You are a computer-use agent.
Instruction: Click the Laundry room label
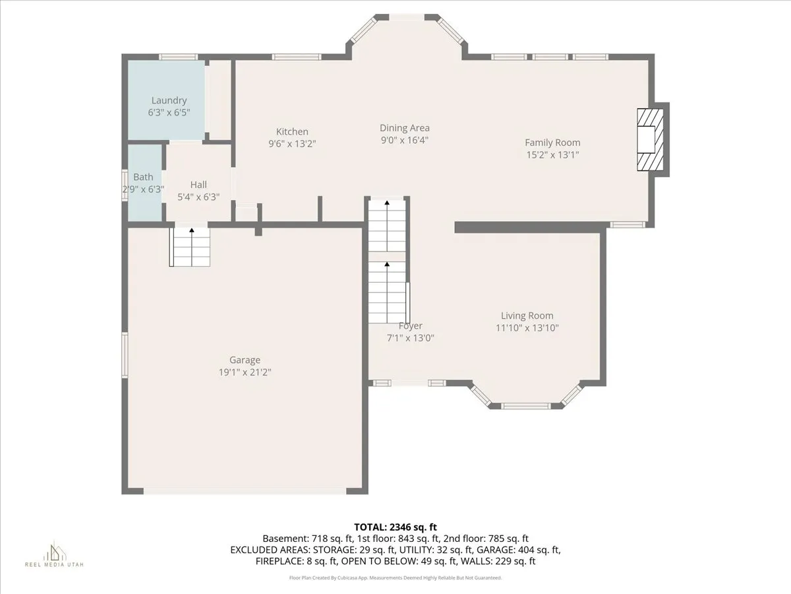pos(169,100)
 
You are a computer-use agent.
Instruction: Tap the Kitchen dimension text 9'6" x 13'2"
pos(292,143)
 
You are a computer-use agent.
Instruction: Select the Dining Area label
pos(405,128)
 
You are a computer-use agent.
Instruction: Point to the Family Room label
pos(552,143)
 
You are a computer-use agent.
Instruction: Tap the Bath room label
pos(143,177)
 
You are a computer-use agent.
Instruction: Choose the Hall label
pos(198,185)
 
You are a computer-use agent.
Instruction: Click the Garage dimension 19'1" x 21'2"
pos(245,372)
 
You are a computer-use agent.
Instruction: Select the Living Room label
pos(527,315)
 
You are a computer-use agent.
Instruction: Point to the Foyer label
pos(410,326)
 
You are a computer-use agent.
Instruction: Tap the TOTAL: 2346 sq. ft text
pos(395,527)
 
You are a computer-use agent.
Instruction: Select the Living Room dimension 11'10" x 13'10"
pos(527,327)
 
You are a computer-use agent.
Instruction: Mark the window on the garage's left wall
pos(124,354)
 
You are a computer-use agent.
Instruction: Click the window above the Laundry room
pos(178,57)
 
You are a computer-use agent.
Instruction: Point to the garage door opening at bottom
pos(245,491)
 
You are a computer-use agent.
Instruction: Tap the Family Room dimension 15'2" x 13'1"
pos(552,154)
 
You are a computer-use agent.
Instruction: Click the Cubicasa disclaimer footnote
pos(395,577)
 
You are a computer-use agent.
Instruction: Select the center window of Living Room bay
pos(526,406)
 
